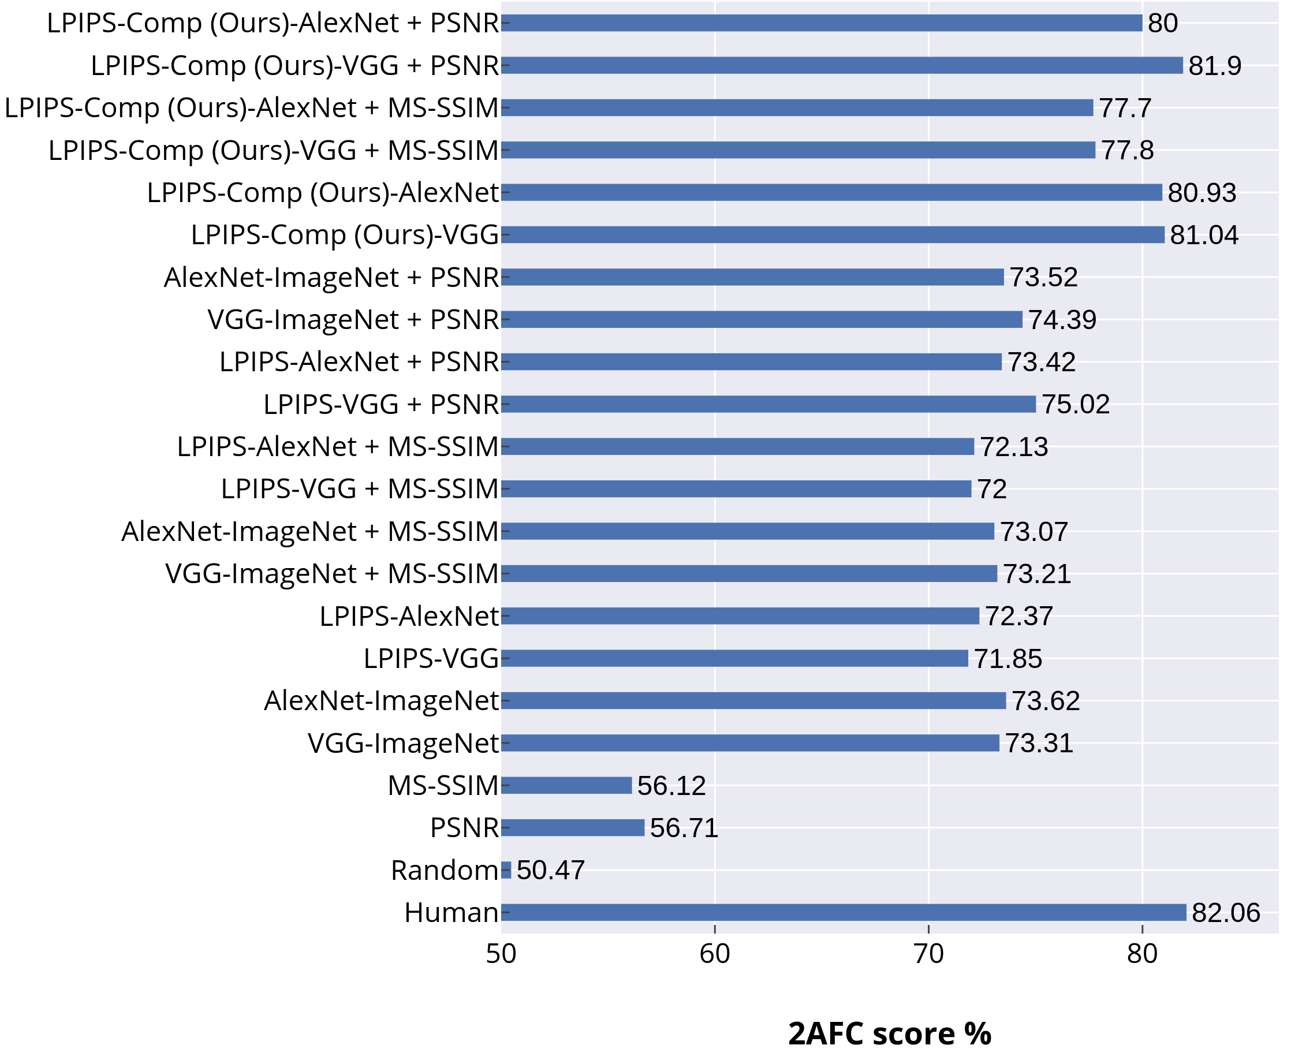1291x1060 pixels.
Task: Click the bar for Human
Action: [843, 912]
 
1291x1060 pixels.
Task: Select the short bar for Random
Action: [506, 869]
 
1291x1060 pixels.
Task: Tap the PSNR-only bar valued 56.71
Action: [572, 827]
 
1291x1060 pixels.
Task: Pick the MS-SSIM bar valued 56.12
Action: [566, 785]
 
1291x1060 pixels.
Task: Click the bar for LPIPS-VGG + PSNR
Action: [768, 404]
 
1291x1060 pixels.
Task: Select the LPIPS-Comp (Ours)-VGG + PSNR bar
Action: [842, 65]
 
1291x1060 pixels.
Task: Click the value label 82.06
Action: [1226, 913]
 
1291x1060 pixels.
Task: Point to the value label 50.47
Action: [550, 870]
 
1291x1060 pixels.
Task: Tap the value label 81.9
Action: [1215, 66]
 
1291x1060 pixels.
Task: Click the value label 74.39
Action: [1062, 320]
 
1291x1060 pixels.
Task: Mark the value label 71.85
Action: [1008, 659]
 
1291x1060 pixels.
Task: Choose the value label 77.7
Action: [1125, 108]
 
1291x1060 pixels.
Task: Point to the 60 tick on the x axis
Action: [715, 954]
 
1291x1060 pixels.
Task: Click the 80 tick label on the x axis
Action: [1142, 954]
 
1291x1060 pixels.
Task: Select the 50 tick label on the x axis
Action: [501, 954]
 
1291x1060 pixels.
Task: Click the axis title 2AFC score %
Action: [890, 1033]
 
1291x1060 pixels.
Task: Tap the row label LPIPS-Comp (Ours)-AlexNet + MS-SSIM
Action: [252, 108]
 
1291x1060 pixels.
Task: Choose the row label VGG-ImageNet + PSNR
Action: [353, 319]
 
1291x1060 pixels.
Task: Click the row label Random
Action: [444, 870]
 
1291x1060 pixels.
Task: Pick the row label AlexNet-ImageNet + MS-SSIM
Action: [309, 531]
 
